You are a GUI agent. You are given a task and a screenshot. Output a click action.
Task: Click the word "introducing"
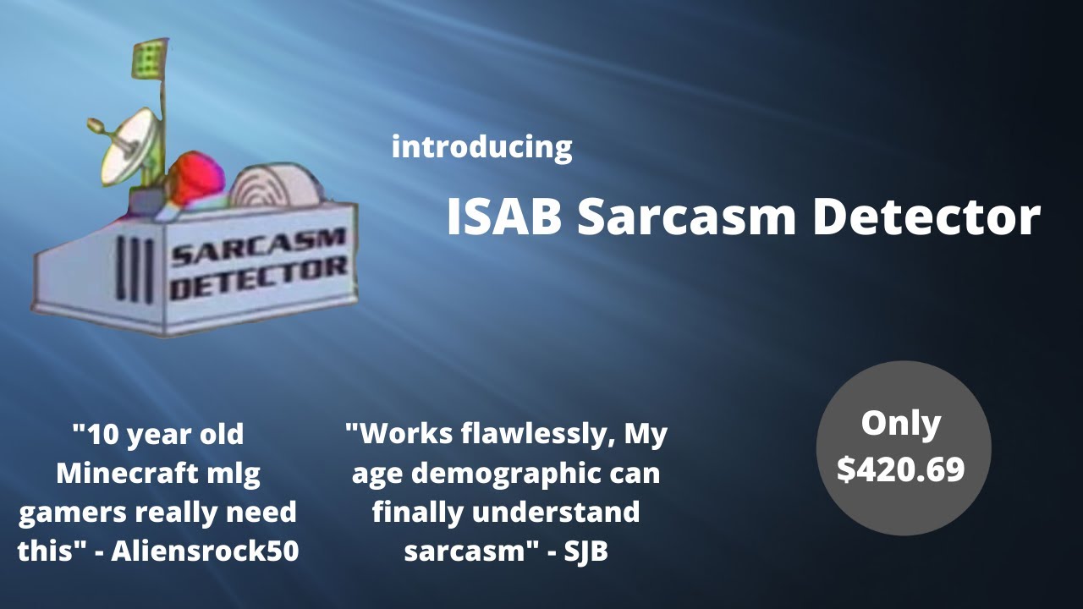tap(481, 147)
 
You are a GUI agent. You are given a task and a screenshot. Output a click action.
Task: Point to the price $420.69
tap(901, 469)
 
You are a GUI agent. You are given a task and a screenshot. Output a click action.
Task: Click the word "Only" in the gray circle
tap(900, 424)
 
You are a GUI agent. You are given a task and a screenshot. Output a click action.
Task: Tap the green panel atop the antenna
tap(149, 58)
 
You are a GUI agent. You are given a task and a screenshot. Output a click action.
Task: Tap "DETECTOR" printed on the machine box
tap(258, 279)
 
